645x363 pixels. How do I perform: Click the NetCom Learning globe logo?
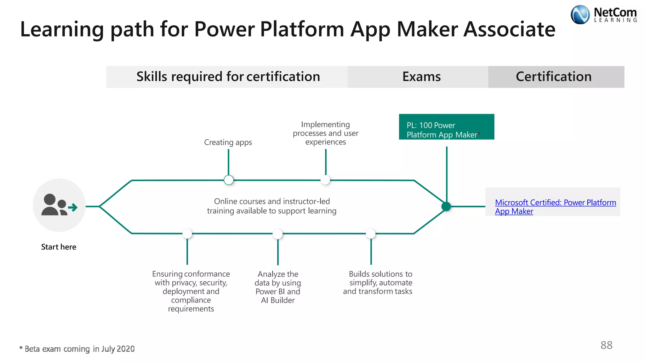[580, 14]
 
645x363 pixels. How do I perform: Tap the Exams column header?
[421, 77]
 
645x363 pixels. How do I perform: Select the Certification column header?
[553, 77]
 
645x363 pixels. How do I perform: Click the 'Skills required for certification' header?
[228, 77]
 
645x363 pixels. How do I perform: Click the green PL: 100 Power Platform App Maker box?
[446, 127]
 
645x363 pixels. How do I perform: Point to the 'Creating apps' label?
[228, 142]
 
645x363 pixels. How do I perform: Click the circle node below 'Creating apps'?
[229, 180]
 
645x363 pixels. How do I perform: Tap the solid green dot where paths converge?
[446, 206]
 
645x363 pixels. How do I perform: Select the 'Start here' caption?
[59, 247]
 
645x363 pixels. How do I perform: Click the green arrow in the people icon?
[73, 207]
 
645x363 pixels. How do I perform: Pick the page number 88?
[606, 345]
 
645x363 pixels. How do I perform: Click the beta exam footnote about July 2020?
[77, 349]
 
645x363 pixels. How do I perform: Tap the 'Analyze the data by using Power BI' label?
[278, 287]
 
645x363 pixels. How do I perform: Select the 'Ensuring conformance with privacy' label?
[191, 291]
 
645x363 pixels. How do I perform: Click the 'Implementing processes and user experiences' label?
[325, 133]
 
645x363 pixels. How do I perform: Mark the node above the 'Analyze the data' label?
[277, 234]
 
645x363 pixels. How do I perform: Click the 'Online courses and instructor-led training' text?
[271, 206]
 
